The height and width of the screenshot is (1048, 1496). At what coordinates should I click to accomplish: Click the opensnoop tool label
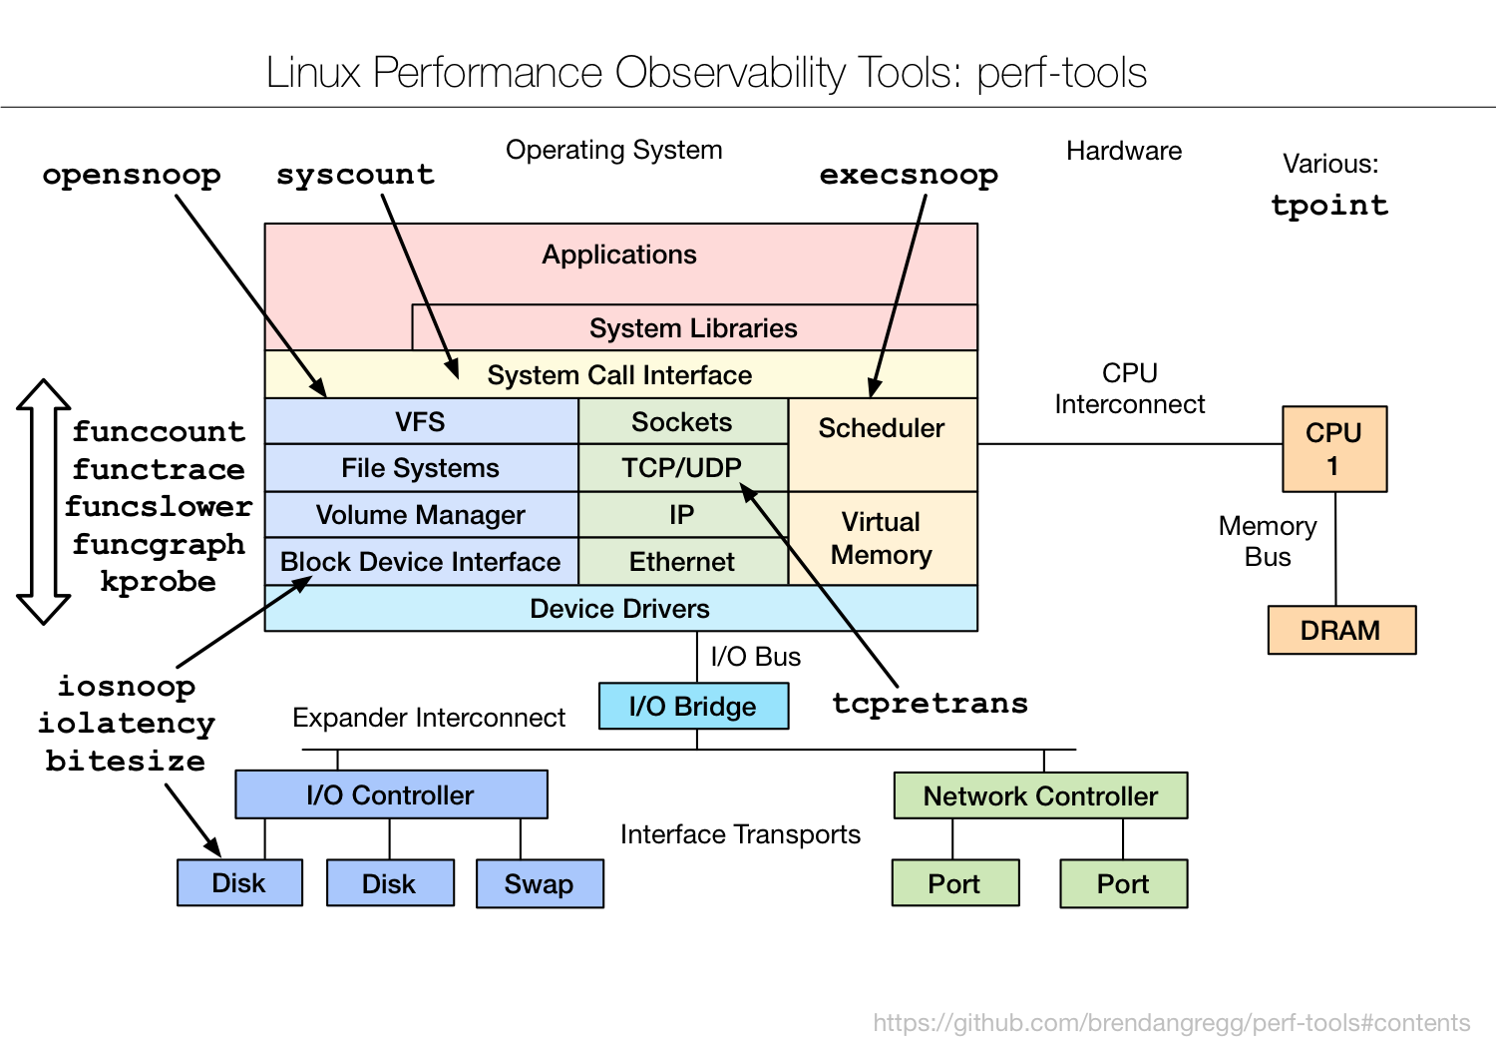(132, 175)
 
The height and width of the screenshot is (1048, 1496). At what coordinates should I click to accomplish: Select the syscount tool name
(355, 175)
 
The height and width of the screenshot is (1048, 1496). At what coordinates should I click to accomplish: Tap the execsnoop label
(909, 175)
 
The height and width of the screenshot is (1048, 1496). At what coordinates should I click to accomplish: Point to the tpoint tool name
(1329, 206)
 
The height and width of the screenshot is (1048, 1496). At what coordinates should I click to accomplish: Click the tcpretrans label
(930, 703)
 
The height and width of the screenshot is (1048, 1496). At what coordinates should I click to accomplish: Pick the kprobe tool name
(158, 582)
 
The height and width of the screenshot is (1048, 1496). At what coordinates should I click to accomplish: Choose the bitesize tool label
(126, 761)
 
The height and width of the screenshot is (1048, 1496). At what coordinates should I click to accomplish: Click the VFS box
(420, 422)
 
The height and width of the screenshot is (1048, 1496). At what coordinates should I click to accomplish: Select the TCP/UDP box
(682, 468)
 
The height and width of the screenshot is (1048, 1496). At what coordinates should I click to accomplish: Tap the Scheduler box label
(882, 429)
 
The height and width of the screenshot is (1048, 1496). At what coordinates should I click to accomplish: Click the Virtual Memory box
(882, 539)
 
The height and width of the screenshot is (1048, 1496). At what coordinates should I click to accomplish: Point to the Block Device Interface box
(420, 562)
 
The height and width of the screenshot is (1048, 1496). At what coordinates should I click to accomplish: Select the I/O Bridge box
(693, 707)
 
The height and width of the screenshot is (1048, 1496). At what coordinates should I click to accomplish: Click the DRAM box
(1340, 631)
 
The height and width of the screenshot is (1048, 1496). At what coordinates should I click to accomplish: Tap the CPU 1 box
(1333, 449)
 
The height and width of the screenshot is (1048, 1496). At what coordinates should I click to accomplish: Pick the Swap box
(539, 884)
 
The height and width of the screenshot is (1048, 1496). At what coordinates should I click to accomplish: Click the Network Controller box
(1040, 796)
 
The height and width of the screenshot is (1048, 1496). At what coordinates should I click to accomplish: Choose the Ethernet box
(682, 562)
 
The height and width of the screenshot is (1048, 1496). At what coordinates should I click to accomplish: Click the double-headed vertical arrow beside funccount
(43, 502)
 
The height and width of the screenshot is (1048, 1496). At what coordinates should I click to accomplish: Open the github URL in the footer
(1171, 1023)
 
